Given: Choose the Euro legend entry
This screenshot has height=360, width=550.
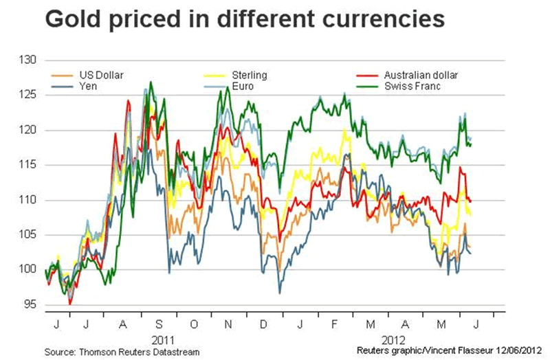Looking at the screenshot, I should click(244, 87).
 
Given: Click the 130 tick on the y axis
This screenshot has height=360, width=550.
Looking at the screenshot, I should click(27, 60).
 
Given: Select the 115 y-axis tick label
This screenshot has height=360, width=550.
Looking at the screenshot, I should click(27, 165).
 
